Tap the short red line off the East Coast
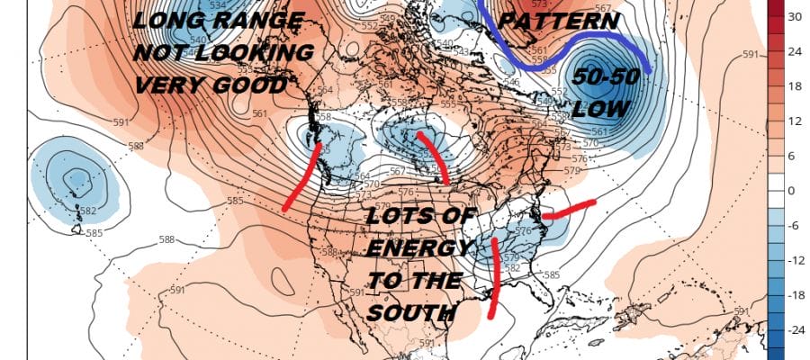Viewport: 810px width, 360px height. [x=567, y=210]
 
